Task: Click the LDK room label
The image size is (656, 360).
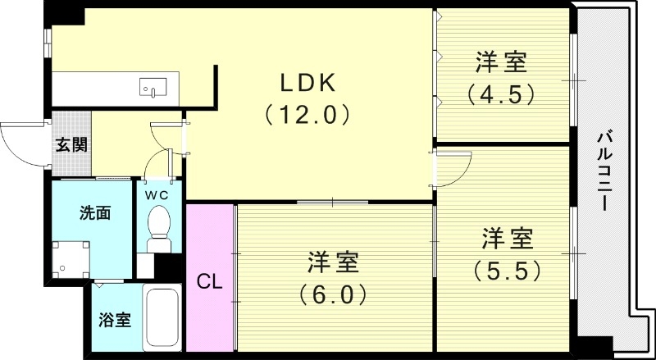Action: [x=307, y=83]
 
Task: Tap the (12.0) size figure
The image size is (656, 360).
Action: [x=307, y=114]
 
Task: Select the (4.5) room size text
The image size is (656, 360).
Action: [x=501, y=94]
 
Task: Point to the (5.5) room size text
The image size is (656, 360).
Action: [x=507, y=271]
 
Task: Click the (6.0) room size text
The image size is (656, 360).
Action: [x=333, y=294]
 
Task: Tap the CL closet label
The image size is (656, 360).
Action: [x=209, y=283]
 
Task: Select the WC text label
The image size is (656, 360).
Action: [x=157, y=194]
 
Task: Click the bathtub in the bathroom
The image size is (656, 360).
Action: [x=162, y=317]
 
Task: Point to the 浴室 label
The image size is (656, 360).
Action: [x=115, y=321]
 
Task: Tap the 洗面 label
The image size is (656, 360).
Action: [x=95, y=213]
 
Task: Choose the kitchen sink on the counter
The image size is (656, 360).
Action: [x=153, y=88]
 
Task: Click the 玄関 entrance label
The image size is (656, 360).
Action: [x=71, y=145]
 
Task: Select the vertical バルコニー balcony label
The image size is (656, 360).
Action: [x=604, y=171]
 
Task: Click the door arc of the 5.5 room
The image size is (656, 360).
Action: [x=462, y=175]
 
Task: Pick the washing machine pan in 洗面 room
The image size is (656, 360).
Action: [x=71, y=259]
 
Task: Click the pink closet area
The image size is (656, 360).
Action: [x=209, y=277]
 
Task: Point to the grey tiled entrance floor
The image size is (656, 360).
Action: [x=71, y=144]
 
